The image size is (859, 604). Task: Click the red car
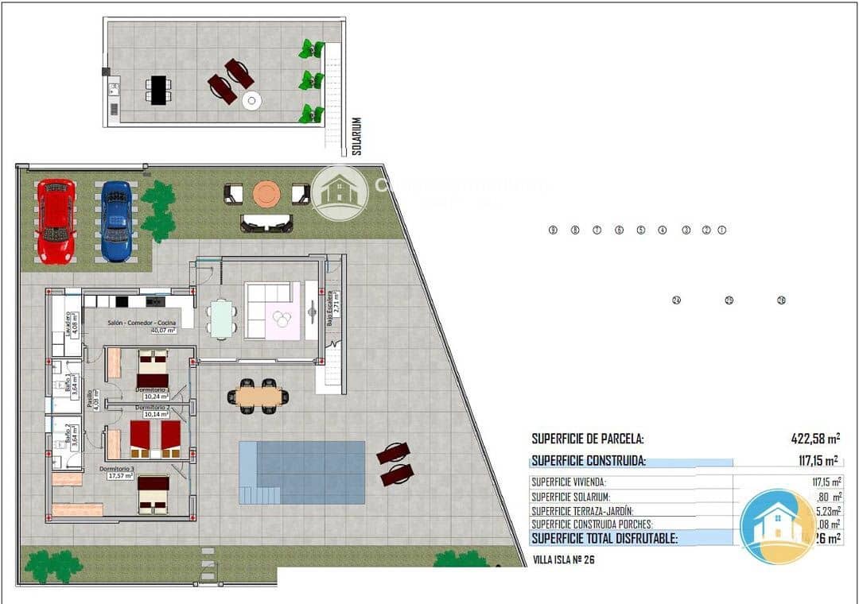pyautogui.click(x=56, y=221)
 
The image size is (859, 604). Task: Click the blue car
pyautogui.click(x=116, y=221)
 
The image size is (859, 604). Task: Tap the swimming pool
pyautogui.click(x=302, y=472)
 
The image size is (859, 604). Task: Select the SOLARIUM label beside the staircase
pyautogui.click(x=357, y=136)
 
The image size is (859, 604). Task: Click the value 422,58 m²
pyautogui.click(x=815, y=438)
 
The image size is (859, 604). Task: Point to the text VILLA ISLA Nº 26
pyautogui.click(x=562, y=559)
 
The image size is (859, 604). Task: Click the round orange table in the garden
pyautogui.click(x=266, y=193)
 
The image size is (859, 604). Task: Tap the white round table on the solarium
pyautogui.click(x=252, y=100)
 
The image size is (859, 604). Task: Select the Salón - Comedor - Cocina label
pyautogui.click(x=142, y=322)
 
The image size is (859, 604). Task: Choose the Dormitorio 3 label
pyautogui.click(x=117, y=469)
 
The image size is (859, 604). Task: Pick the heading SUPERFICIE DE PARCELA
pyautogui.click(x=587, y=438)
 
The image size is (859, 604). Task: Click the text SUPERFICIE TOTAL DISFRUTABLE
pyautogui.click(x=604, y=538)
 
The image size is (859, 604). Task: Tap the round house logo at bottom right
pyautogui.click(x=778, y=526)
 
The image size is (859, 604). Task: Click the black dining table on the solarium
pyautogui.click(x=158, y=89)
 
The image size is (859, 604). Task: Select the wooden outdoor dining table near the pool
pyautogui.click(x=258, y=395)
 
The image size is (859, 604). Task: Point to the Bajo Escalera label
pyautogui.click(x=328, y=309)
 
